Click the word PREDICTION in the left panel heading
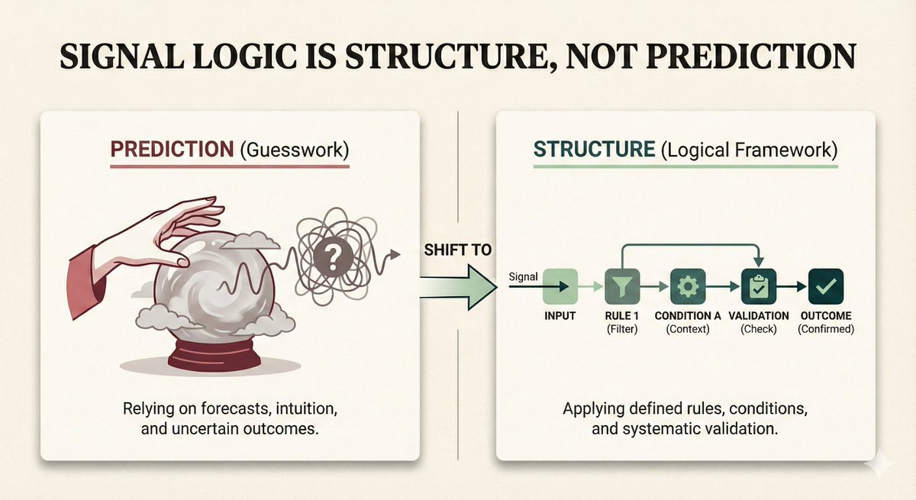(171, 149)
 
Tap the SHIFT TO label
(456, 250)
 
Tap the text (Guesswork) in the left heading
(295, 150)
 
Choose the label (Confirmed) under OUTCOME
(825, 329)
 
